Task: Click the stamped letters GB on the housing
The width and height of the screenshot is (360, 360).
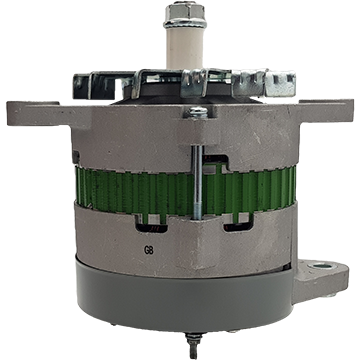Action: (149, 250)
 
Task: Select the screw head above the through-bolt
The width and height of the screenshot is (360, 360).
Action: (197, 111)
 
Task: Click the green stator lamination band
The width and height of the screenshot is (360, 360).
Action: (185, 191)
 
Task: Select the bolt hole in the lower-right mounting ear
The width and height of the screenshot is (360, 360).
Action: (322, 266)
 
